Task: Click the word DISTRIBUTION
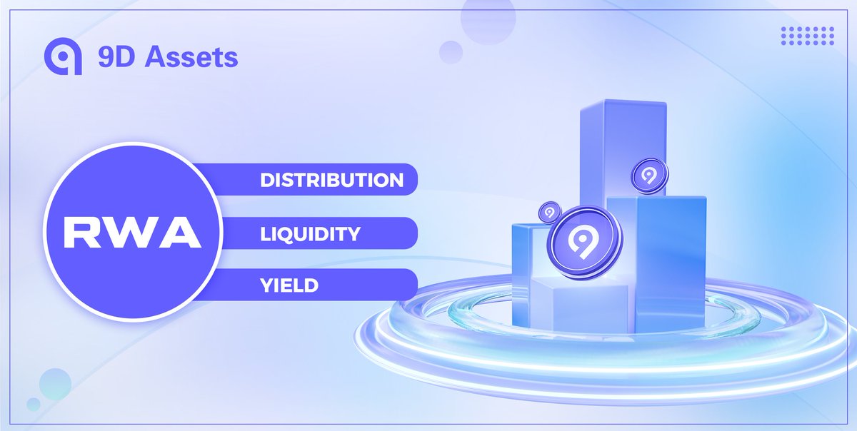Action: tap(331, 180)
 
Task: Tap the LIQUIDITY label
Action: tap(310, 233)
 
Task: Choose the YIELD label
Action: tap(289, 285)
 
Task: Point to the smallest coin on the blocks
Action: tap(549, 211)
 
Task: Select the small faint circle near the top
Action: tap(451, 52)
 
